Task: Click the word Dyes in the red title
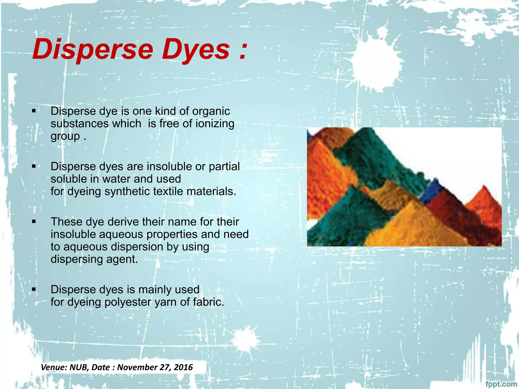pyautogui.click(x=196, y=49)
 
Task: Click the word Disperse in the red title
pyautogui.click(x=93, y=49)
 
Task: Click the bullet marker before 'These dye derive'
pyautogui.click(x=34, y=222)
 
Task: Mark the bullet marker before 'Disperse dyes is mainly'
pyautogui.click(x=34, y=289)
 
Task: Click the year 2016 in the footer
pyautogui.click(x=183, y=367)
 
